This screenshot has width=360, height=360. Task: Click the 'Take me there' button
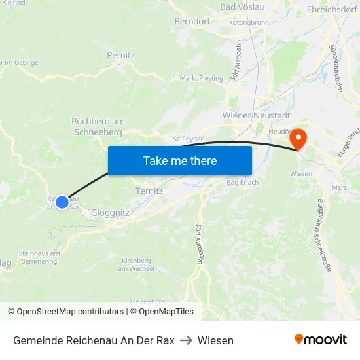point(180,160)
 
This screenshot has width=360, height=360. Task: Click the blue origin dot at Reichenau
point(62,202)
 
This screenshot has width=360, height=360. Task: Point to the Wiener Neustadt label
point(252,115)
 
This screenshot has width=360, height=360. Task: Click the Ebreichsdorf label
point(331,10)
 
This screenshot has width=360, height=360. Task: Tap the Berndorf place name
point(190,22)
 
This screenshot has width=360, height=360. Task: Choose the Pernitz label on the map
point(120,56)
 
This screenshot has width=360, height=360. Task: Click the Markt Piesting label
point(202,78)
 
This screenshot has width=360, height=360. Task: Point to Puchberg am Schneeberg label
point(98,127)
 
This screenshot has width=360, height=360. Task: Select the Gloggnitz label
point(110,213)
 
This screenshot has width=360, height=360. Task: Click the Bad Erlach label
point(242,183)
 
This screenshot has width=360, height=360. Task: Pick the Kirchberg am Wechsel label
point(136,264)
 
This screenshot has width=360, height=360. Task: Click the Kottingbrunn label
point(249,22)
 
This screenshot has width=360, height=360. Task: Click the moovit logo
point(320,339)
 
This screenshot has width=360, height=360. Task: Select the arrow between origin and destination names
point(186,340)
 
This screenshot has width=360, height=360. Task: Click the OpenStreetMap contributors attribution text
point(70,312)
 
